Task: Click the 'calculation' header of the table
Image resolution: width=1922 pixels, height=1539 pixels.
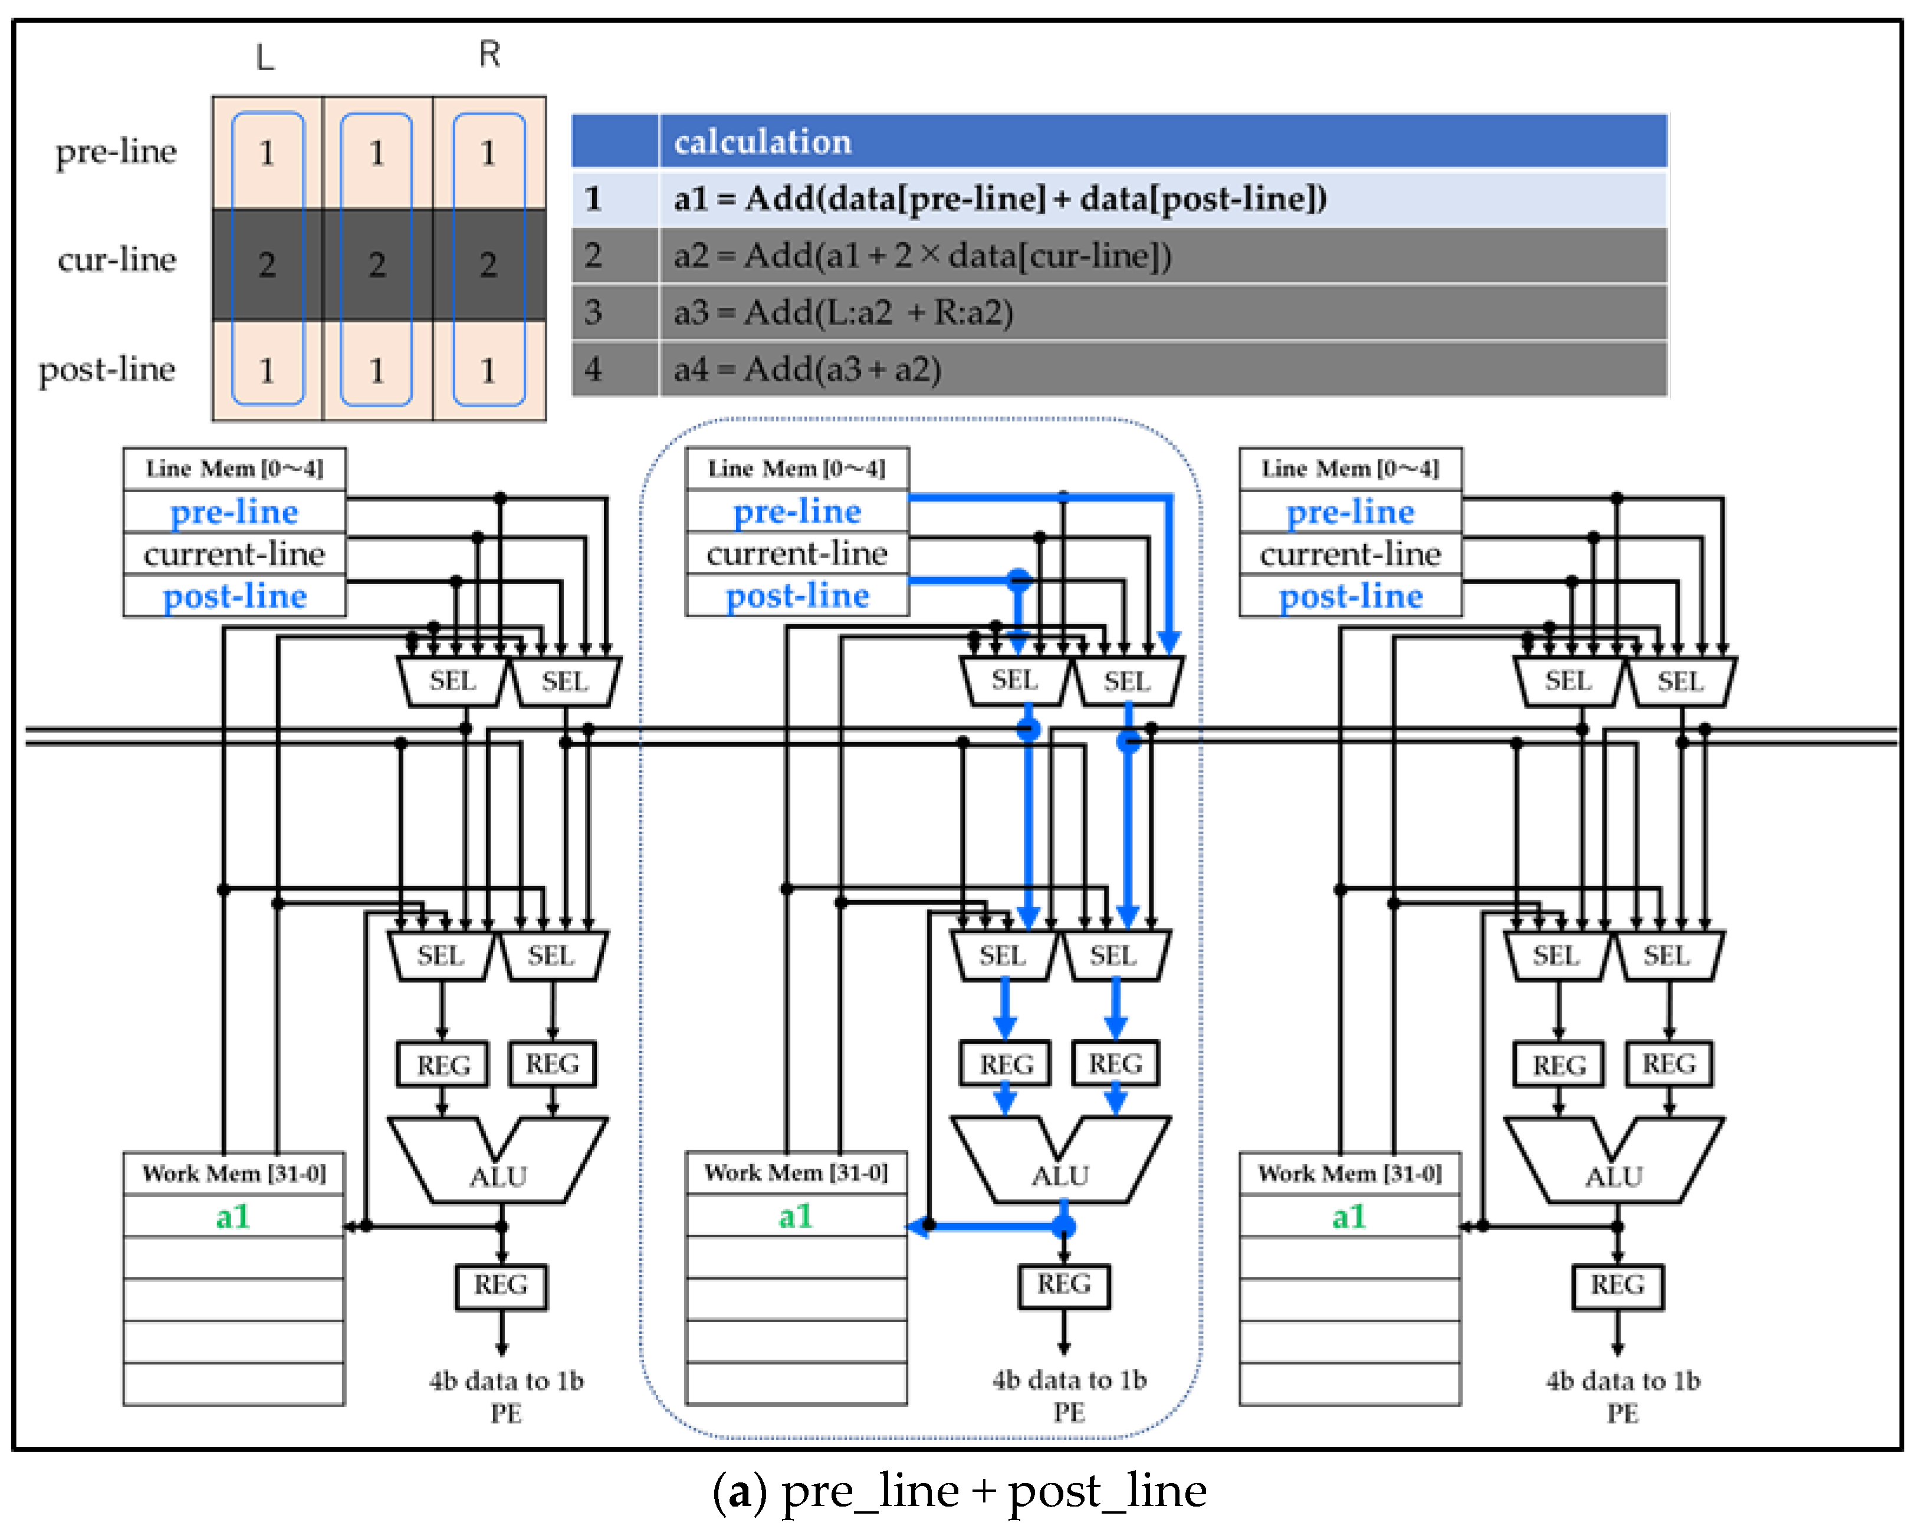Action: pyautogui.click(x=762, y=141)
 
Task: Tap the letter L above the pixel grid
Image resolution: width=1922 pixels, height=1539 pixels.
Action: pyautogui.click(x=265, y=57)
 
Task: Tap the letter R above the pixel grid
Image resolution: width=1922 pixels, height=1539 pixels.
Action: pyautogui.click(x=489, y=54)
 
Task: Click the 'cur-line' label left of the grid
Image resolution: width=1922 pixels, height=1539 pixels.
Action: pyautogui.click(x=117, y=259)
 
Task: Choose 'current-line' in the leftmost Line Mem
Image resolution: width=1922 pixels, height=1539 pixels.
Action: pyautogui.click(x=235, y=553)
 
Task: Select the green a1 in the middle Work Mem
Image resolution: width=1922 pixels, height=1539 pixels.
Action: pyautogui.click(x=795, y=1215)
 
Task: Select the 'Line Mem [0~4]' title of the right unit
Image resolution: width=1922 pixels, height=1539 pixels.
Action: pyautogui.click(x=1351, y=468)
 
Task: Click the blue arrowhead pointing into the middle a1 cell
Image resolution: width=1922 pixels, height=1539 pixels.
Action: pyautogui.click(x=919, y=1227)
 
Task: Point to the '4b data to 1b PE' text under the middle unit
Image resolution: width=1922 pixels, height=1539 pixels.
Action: pyautogui.click(x=1069, y=1396)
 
